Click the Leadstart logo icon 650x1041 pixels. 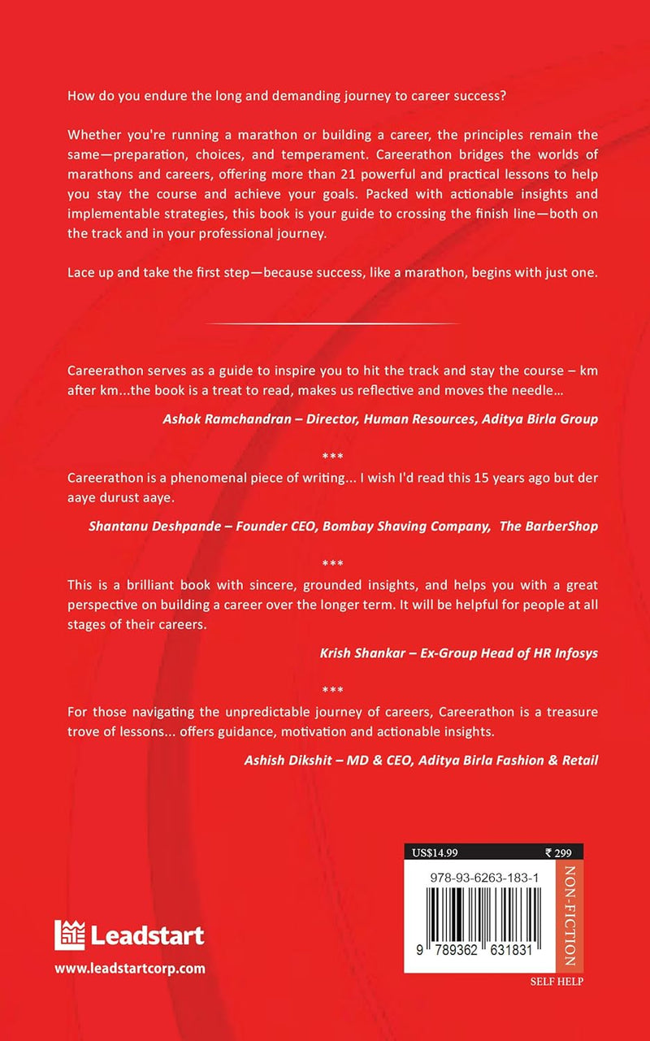70,935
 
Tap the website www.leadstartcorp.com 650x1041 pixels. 129,968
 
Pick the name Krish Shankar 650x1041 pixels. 360,653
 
